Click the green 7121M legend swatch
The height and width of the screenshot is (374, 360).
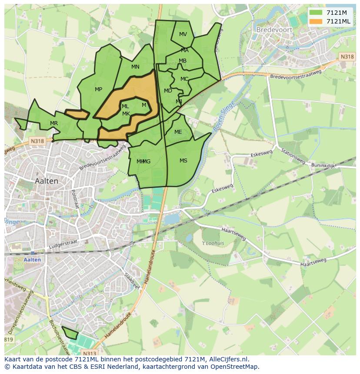[316, 13]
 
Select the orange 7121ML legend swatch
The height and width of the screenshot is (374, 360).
[316, 22]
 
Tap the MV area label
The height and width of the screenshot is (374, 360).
[183, 34]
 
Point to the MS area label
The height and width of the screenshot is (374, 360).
[183, 161]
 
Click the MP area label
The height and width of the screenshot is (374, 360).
[99, 89]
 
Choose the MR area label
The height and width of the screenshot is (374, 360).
[54, 123]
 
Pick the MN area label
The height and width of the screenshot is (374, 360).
[135, 67]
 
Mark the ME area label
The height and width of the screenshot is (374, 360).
[178, 132]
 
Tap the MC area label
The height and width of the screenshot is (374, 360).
[184, 79]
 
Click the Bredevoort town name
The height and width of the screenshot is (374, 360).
[276, 30]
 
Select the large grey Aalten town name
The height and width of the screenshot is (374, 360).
[47, 181]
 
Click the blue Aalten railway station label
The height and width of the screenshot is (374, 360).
[33, 260]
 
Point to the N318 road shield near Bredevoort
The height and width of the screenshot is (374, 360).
[347, 57]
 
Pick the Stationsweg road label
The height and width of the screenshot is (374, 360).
[292, 157]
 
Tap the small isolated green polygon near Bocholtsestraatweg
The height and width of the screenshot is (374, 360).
[70, 333]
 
